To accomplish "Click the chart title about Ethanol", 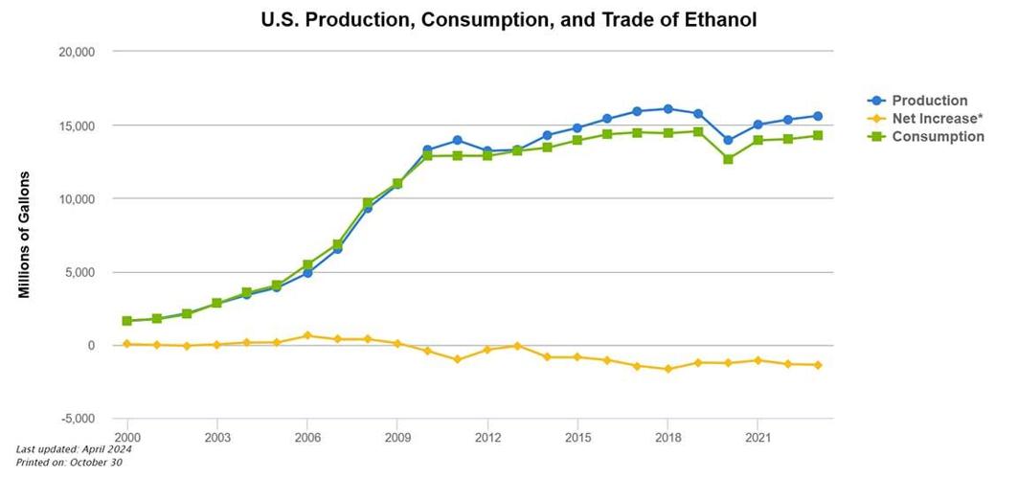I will (x=509, y=19).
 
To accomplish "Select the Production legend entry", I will (x=929, y=101).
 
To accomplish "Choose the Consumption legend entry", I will (x=938, y=137).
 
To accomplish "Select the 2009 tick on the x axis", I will (x=397, y=436).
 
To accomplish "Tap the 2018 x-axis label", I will (x=667, y=436).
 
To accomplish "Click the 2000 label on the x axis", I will (x=127, y=436).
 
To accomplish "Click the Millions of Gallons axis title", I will (x=25, y=235).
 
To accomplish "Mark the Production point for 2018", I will (x=667, y=109).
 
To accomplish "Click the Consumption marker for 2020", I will (x=728, y=159).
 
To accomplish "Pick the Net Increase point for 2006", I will (x=307, y=335).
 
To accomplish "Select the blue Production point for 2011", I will (x=457, y=141).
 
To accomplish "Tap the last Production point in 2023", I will (x=818, y=116).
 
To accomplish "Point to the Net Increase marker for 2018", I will (x=667, y=369).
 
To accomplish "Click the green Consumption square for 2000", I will (x=127, y=321).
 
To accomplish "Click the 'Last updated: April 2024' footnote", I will (x=74, y=449).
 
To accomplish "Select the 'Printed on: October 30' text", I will (x=69, y=463).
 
